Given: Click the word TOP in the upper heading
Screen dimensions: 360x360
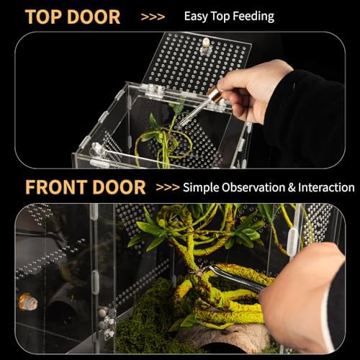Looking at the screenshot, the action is (x=42, y=17).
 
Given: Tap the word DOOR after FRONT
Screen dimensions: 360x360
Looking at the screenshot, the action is (x=119, y=187).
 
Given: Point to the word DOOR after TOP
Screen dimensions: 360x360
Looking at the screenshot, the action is (x=94, y=17).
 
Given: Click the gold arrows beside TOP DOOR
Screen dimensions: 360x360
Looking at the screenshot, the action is (x=153, y=17).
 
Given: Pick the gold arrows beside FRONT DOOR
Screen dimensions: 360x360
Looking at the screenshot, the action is (x=168, y=187).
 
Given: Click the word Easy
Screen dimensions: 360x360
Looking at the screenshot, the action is (x=196, y=17).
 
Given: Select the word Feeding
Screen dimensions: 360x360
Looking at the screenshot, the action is (x=253, y=17).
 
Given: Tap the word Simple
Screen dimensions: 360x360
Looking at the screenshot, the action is (x=201, y=187).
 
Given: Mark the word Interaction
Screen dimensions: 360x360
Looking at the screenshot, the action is (x=326, y=187).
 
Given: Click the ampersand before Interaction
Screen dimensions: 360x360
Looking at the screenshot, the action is (x=292, y=187).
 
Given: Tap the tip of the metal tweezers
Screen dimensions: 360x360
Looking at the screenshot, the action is (x=208, y=266).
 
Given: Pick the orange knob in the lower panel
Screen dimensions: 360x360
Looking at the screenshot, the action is (x=28, y=302).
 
